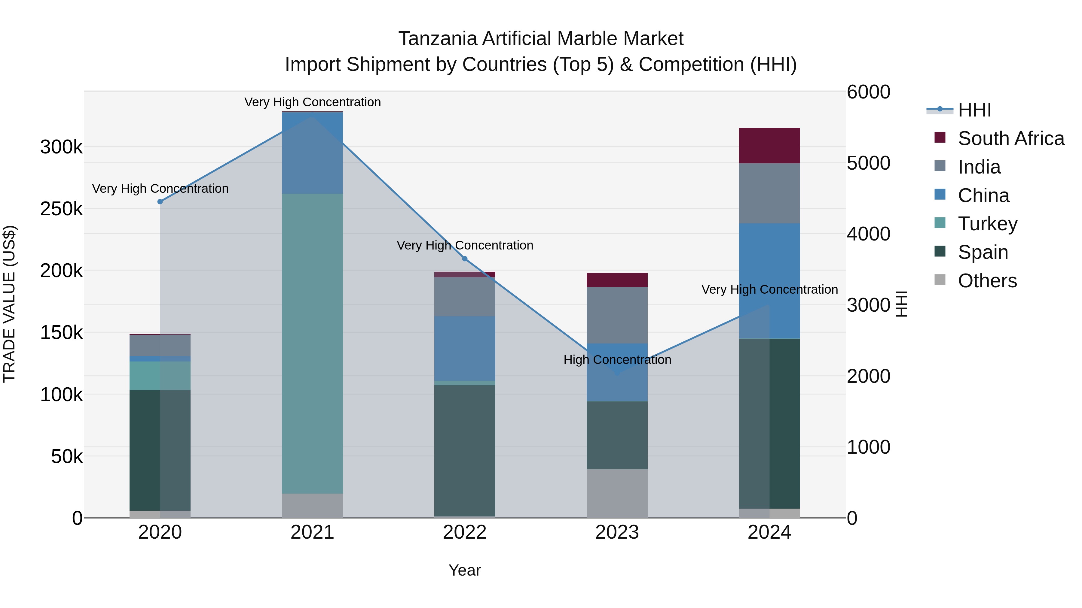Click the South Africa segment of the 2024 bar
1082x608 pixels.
click(769, 146)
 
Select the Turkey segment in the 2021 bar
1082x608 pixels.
click(312, 343)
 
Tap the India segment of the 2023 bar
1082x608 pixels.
click(617, 315)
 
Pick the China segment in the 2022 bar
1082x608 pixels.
click(465, 348)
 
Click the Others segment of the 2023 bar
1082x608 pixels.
click(617, 493)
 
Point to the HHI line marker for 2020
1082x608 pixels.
click(160, 202)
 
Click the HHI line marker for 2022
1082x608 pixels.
click(465, 259)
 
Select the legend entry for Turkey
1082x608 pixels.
click(987, 224)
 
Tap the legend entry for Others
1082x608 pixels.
click(987, 281)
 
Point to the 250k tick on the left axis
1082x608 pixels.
click(61, 209)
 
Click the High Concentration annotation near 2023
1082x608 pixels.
click(617, 360)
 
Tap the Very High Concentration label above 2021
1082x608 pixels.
click(313, 102)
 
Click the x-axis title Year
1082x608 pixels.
click(465, 570)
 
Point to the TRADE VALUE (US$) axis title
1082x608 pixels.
click(9, 304)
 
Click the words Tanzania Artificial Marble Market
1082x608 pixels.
click(541, 39)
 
